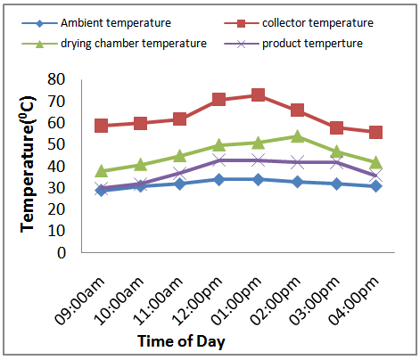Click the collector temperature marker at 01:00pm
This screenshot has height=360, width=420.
point(258,94)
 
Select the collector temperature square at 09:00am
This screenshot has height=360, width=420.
point(101,126)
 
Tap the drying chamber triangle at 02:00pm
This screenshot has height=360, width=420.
point(297,136)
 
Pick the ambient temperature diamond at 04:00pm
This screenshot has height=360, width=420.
point(375,186)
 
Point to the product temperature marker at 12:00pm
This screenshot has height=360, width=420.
point(218,160)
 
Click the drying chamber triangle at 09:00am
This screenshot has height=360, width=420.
point(101,170)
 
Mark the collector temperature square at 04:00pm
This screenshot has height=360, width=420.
point(375,132)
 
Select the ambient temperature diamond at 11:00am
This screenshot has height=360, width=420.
point(179,184)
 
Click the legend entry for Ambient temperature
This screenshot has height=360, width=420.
point(96,23)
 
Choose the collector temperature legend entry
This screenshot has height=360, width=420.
point(299,23)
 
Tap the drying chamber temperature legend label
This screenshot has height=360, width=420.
point(134,44)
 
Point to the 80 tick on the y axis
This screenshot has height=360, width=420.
point(56,79)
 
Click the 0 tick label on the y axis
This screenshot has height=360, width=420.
point(62,253)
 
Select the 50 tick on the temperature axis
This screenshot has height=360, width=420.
point(56,144)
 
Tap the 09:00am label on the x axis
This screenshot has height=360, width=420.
point(80,300)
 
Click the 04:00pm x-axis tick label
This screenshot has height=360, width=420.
point(354,300)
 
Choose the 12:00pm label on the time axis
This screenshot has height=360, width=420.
point(197,300)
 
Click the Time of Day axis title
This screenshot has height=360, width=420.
point(181,341)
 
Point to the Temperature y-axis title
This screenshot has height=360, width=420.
point(28,164)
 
